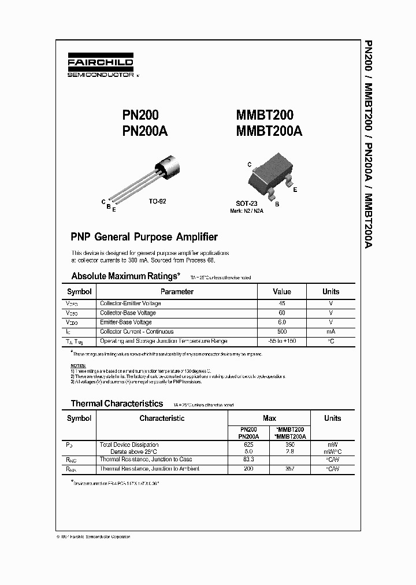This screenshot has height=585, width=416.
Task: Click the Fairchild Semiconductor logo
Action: [x=101, y=66]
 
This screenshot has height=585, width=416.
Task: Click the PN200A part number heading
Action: [x=144, y=131]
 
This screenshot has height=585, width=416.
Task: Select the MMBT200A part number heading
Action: [x=269, y=131]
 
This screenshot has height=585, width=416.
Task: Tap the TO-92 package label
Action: [x=158, y=201]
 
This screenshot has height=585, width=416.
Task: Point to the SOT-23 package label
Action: [x=247, y=203]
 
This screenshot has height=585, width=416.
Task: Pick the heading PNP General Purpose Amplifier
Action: [x=144, y=237]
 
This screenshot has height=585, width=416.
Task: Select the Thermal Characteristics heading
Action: [x=117, y=403]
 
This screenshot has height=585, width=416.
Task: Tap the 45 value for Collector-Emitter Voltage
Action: [x=281, y=303]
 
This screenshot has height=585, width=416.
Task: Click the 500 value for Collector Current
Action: [x=281, y=332]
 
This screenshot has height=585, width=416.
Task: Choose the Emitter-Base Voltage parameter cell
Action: [x=126, y=322]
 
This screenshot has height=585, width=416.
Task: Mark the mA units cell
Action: [x=330, y=332]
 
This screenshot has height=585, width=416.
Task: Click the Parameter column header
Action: [x=177, y=292]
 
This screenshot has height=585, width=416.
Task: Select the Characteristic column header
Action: [x=162, y=418]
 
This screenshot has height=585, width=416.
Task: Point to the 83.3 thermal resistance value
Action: [x=249, y=459]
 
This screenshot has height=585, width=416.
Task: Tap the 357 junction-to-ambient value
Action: [x=290, y=468]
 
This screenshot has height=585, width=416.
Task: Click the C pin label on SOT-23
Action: [x=250, y=165]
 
